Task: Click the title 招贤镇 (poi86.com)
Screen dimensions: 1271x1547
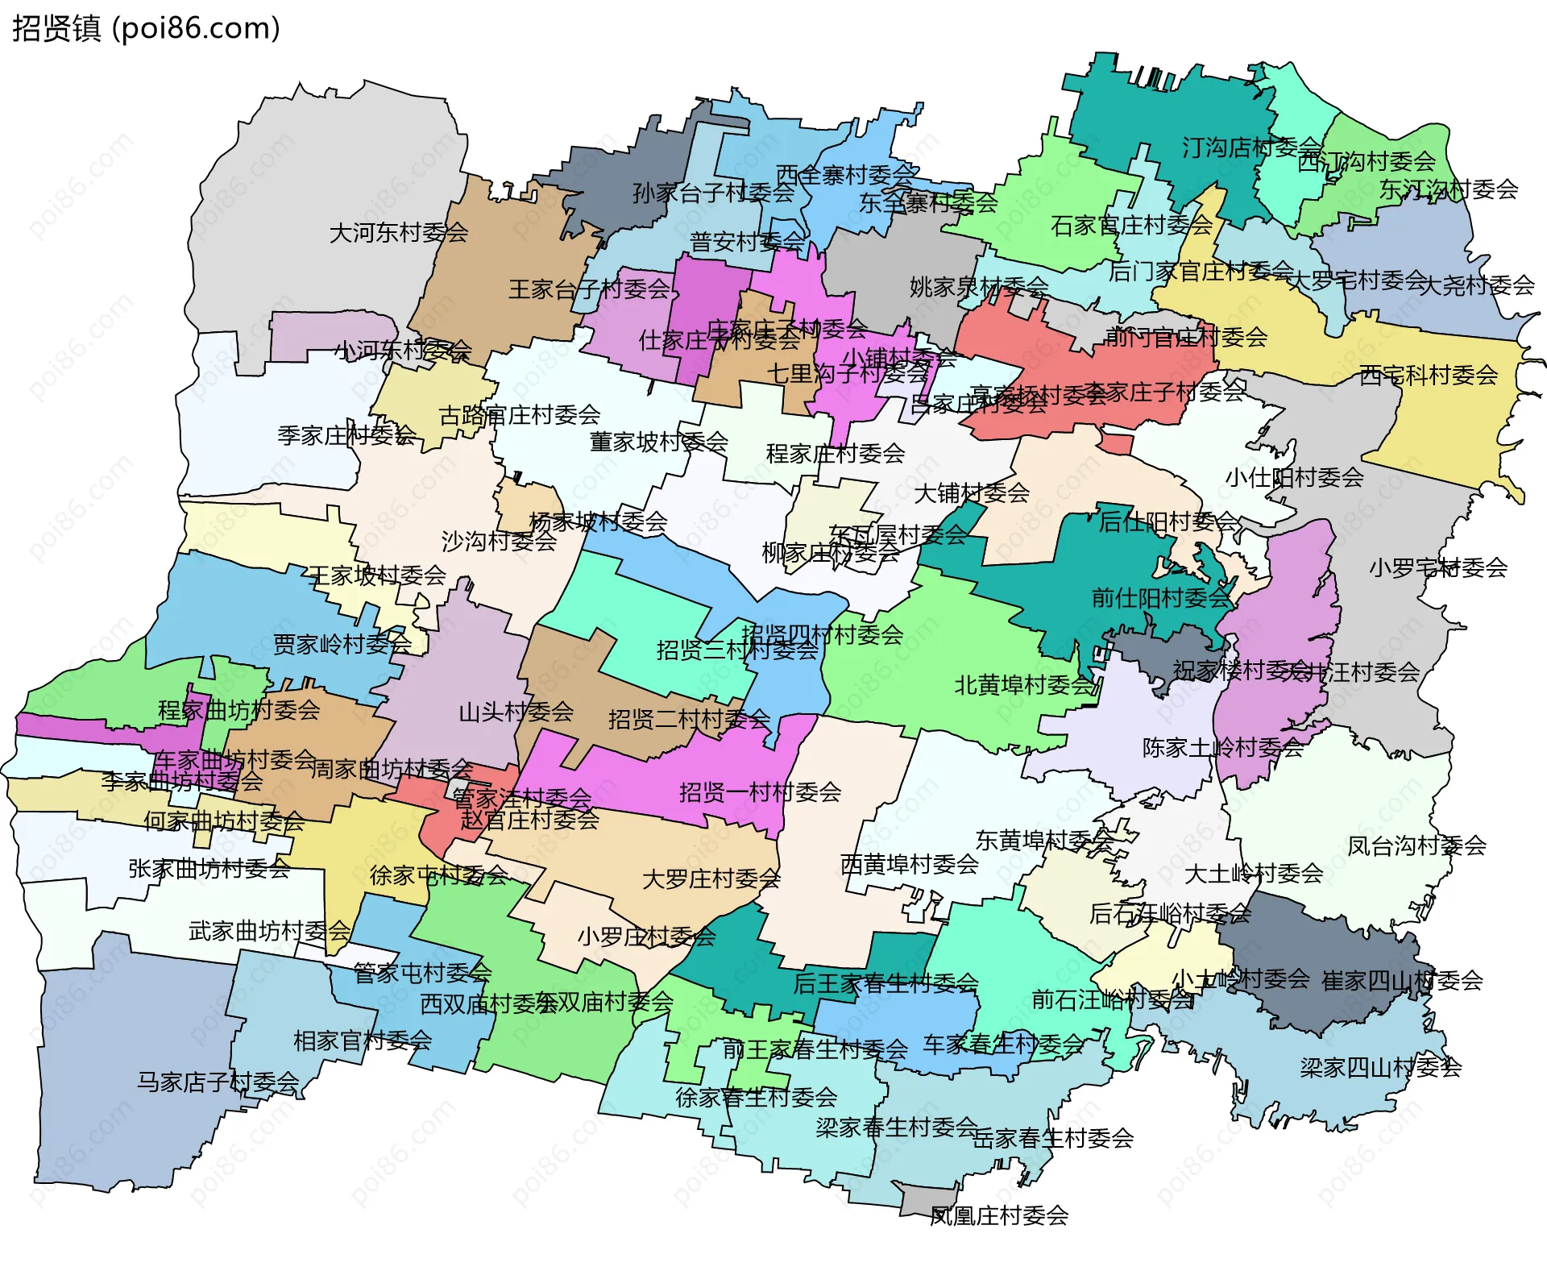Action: (146, 28)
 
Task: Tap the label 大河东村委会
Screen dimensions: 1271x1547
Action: (398, 233)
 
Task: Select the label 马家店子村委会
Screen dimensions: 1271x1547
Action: (218, 1082)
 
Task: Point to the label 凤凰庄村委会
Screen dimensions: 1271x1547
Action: (999, 1215)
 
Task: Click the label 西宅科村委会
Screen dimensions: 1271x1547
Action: (1428, 375)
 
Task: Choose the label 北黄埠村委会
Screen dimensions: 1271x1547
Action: (1024, 685)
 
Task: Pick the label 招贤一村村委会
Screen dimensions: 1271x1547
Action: (760, 792)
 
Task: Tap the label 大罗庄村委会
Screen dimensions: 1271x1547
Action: (711, 878)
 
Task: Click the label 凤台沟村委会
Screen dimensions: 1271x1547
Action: (1416, 845)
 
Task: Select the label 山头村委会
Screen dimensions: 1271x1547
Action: (516, 712)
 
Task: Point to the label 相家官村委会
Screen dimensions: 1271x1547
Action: (363, 1040)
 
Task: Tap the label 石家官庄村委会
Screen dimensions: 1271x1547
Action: (1131, 225)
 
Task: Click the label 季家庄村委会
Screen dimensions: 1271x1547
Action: (346, 435)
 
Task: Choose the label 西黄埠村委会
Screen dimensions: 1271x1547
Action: (909, 864)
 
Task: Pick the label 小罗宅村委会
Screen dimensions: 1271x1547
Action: (1437, 567)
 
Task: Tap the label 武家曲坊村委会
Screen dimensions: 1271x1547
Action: (269, 931)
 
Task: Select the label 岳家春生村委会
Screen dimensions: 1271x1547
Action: (1053, 1138)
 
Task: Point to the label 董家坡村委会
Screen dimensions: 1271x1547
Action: (658, 442)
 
